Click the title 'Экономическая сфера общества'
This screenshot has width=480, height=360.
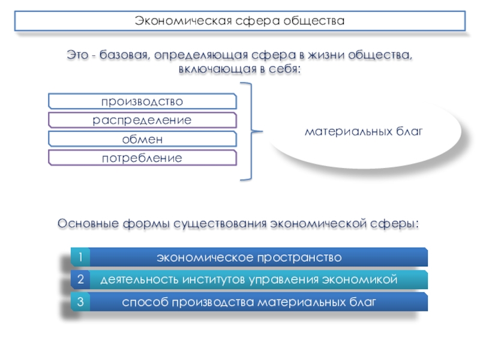tap(240, 21)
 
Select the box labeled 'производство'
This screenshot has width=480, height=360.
tap(142, 101)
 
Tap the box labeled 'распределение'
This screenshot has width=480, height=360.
tap(142, 121)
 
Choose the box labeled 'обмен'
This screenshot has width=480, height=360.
tap(142, 140)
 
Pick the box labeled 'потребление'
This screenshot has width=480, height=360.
tap(142, 159)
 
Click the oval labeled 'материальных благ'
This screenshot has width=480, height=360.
tap(364, 130)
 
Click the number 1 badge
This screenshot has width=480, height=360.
tap(79, 257)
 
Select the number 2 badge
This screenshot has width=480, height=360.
tap(79, 280)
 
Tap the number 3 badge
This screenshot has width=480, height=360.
tap(79, 302)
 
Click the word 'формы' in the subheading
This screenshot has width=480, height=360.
tap(146, 224)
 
